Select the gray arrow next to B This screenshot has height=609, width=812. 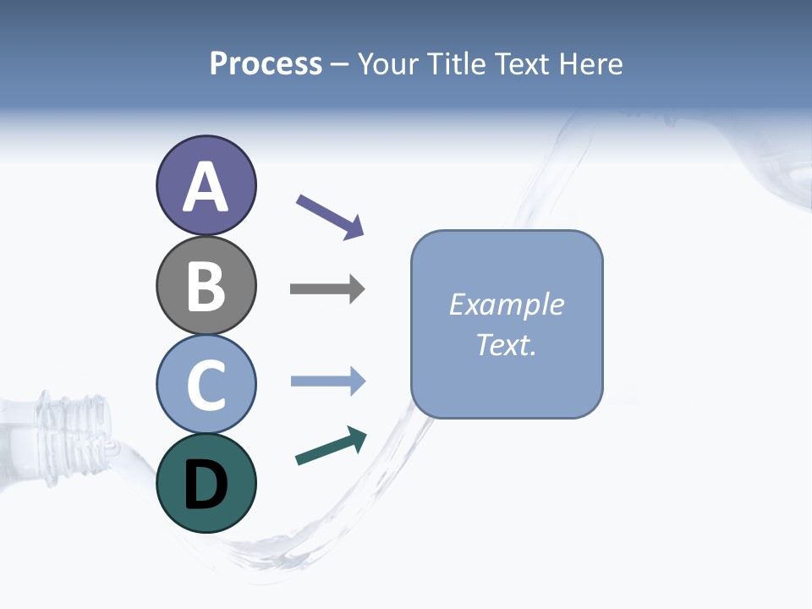[326, 289]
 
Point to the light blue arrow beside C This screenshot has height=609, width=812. [326, 381]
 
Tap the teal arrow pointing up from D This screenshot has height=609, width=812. [330, 447]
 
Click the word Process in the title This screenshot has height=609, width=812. [266, 63]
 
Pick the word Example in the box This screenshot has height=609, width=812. [506, 304]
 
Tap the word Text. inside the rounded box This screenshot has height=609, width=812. [506, 344]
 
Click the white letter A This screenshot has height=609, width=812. [206, 187]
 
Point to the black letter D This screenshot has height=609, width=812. [206, 485]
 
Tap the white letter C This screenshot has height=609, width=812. [206, 386]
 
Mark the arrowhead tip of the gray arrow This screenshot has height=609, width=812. [364, 289]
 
